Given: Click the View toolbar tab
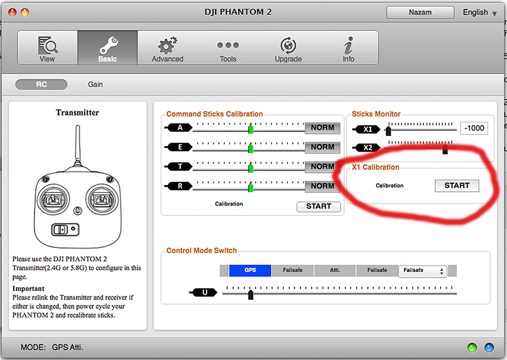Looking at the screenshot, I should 47,49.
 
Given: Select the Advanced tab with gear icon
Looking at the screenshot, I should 167,49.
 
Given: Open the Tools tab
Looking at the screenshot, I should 228,49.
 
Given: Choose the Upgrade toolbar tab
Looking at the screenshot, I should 288,49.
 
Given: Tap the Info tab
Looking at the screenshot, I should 348,49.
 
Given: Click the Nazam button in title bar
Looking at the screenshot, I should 420,12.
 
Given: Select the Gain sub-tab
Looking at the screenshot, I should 95,84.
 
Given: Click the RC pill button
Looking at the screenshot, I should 42,84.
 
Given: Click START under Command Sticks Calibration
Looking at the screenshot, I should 318,206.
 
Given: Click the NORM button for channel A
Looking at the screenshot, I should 323,128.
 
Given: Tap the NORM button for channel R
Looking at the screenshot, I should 323,186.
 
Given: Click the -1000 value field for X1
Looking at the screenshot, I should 474,128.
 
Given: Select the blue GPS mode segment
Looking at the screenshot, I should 250,270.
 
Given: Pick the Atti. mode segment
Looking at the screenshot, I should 335,270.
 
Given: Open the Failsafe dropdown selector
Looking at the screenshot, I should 423,271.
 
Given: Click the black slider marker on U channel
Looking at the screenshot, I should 250,294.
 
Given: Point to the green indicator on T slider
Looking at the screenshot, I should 251,168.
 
